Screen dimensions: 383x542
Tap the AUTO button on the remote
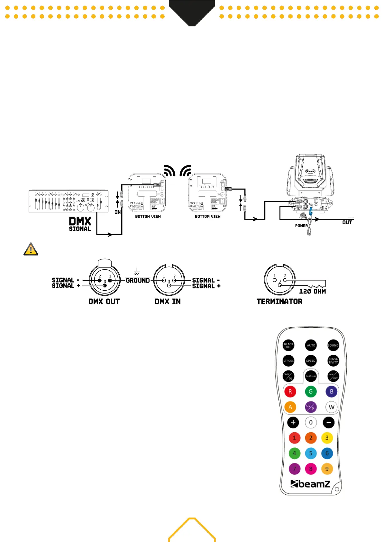pyautogui.click(x=311, y=345)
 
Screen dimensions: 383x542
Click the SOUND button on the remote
pyautogui.click(x=333, y=345)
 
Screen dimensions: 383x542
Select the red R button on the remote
pyautogui.click(x=290, y=392)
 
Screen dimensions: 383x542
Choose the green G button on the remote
pyautogui.click(x=311, y=392)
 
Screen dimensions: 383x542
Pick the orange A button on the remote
pyautogui.click(x=290, y=407)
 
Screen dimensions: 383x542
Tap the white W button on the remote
pyautogui.click(x=332, y=407)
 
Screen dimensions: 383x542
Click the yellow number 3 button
pyautogui.click(x=327, y=438)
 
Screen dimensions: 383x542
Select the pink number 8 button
pyautogui.click(x=311, y=469)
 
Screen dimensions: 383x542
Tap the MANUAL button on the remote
pyautogui.click(x=311, y=376)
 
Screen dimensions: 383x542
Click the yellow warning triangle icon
pyautogui.click(x=31, y=249)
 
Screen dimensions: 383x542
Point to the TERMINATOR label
pyautogui.click(x=279, y=302)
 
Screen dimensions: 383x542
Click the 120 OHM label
pyautogui.click(x=312, y=291)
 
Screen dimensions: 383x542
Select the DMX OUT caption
pyautogui.click(x=104, y=302)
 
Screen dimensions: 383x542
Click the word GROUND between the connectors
pyautogui.click(x=138, y=280)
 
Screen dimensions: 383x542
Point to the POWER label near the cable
pyautogui.click(x=301, y=226)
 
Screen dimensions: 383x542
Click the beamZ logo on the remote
pyautogui.click(x=310, y=484)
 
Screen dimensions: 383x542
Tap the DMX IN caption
pyautogui.click(x=168, y=302)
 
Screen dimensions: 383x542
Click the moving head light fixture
pyautogui.click(x=310, y=180)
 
